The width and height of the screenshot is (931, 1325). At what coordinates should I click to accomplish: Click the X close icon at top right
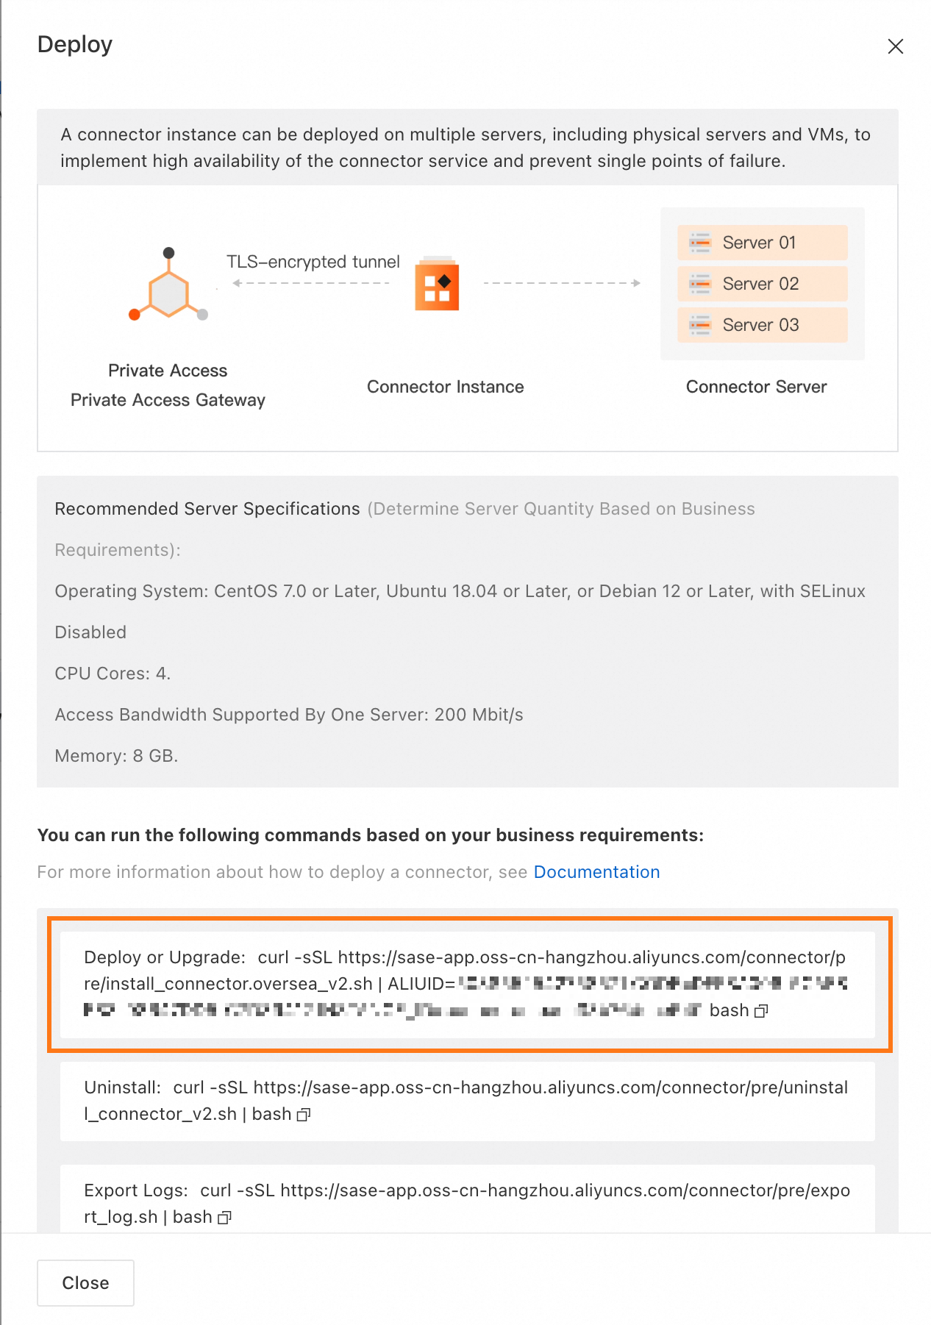(895, 46)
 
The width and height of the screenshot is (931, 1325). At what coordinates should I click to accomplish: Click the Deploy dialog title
(75, 45)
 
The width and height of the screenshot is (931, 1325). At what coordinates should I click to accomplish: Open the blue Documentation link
(596, 872)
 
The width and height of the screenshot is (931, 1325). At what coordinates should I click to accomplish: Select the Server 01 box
(762, 243)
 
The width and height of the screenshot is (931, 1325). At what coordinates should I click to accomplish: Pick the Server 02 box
(762, 284)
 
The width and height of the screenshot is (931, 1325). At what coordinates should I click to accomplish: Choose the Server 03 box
(762, 325)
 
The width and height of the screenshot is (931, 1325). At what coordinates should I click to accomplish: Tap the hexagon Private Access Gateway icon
(168, 288)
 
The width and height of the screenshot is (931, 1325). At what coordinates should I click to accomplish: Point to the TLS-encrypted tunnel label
(313, 262)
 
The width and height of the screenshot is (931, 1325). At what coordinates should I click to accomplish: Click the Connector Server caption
(756, 387)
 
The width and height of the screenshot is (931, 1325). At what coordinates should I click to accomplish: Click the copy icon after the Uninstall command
(304, 1115)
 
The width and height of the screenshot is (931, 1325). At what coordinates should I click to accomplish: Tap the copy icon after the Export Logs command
(225, 1218)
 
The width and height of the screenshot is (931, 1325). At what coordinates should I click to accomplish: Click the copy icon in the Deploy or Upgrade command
(761, 1011)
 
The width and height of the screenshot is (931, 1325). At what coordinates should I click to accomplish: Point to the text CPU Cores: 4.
(113, 674)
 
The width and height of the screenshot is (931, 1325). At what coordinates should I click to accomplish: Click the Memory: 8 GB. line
(116, 756)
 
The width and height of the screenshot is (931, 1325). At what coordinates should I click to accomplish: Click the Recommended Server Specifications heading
(207, 509)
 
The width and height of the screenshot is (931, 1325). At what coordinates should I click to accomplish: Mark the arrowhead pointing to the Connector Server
(637, 283)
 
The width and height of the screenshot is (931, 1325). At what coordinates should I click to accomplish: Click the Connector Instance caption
(445, 387)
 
